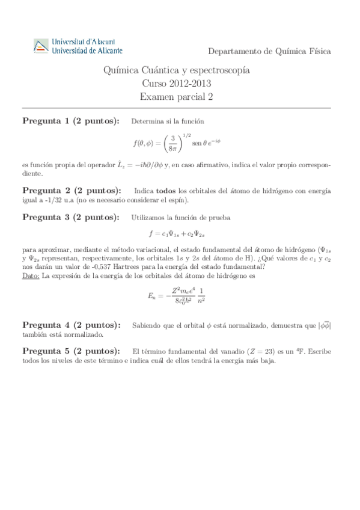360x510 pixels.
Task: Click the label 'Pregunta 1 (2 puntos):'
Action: [x=70, y=121]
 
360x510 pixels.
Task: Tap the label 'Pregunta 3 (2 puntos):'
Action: [x=70, y=217]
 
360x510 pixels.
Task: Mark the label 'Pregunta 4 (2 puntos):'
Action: [x=70, y=325]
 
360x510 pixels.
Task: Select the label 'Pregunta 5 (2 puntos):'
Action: [x=70, y=351]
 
